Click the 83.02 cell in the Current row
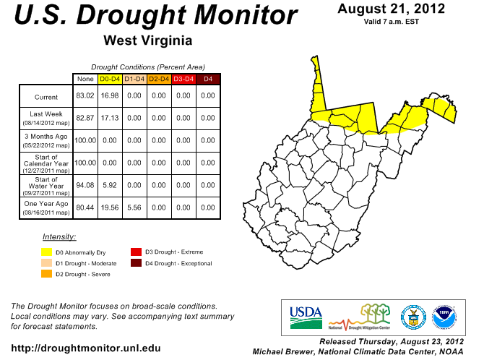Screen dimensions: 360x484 click(85, 95)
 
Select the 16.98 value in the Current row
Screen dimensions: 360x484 click(109, 95)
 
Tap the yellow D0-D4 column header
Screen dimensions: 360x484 click(109, 79)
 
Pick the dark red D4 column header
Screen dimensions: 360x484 click(207, 79)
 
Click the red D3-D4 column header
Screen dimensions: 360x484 click(183, 79)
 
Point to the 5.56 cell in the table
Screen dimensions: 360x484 click(134, 207)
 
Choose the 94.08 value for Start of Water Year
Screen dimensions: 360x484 click(85, 185)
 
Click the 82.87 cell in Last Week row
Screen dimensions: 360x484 click(85, 118)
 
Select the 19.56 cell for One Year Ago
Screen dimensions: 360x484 click(109, 207)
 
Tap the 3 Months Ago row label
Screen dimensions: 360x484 click(46, 140)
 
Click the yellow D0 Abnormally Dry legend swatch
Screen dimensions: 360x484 click(46, 252)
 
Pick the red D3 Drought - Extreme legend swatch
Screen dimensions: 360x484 click(136, 252)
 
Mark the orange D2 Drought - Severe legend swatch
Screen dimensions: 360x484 click(46, 274)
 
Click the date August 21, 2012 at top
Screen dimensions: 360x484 click(391, 9)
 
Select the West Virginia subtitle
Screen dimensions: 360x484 click(147, 39)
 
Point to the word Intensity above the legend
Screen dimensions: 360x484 click(59, 236)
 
